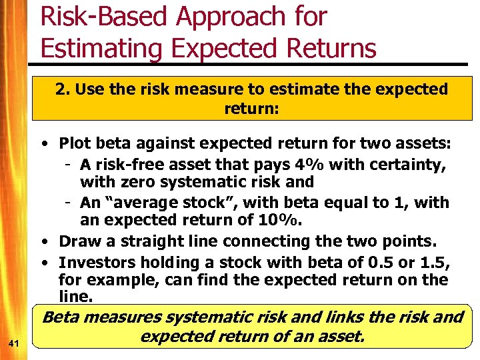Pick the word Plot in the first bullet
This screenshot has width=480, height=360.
(73, 143)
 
